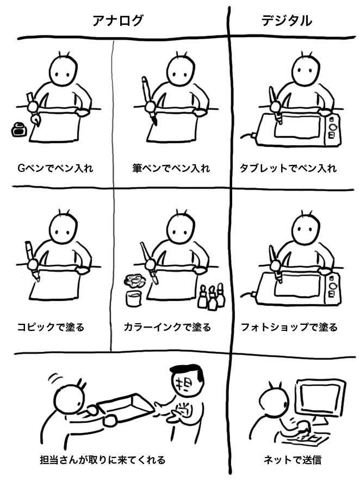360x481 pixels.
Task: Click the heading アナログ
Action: [118, 21]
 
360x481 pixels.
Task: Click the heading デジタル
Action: [287, 21]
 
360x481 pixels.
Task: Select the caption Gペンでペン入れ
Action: [55, 168]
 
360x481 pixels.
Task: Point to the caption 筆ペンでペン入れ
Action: [171, 168]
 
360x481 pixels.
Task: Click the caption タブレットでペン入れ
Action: [288, 168]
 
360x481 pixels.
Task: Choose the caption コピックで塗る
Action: [51, 327]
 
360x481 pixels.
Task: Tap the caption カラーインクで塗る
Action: [167, 327]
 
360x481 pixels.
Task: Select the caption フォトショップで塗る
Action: [289, 327]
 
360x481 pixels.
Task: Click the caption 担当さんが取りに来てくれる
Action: [103, 460]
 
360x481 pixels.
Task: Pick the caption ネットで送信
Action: [293, 460]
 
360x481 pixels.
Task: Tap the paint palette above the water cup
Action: [135, 280]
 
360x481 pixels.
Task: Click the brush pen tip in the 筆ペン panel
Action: [155, 121]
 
